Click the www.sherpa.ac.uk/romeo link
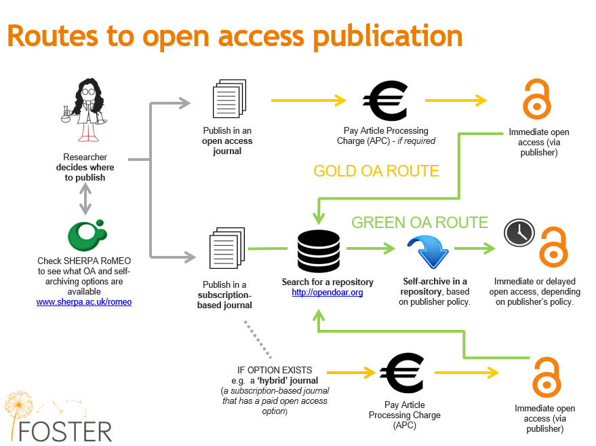pyautogui.click(x=84, y=302)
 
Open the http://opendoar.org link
pyautogui.click(x=327, y=293)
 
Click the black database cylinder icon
pyautogui.click(x=319, y=252)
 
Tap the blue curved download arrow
pyautogui.click(x=429, y=251)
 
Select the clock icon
pyautogui.click(x=519, y=233)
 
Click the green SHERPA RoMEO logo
pyautogui.click(x=87, y=235)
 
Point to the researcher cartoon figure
pyautogui.click(x=85, y=110)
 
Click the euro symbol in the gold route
pyautogui.click(x=385, y=100)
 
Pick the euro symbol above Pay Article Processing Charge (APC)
pyautogui.click(x=402, y=373)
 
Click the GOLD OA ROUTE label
pyautogui.click(x=376, y=171)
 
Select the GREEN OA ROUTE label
pyautogui.click(x=420, y=223)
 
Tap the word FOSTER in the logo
pyautogui.click(x=65, y=432)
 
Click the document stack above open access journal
pyautogui.click(x=229, y=98)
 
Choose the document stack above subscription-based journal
pyautogui.click(x=227, y=248)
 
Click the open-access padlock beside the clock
pyautogui.click(x=554, y=247)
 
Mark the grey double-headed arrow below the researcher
pyautogui.click(x=85, y=199)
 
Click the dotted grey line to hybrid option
pyautogui.click(x=258, y=339)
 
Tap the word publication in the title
pyautogui.click(x=387, y=37)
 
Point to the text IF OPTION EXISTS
pyautogui.click(x=275, y=370)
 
